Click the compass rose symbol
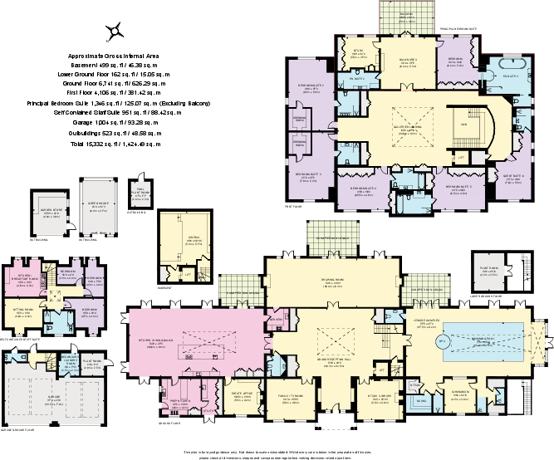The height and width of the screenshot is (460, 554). [115, 31]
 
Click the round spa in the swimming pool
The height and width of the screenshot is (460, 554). [442, 340]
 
